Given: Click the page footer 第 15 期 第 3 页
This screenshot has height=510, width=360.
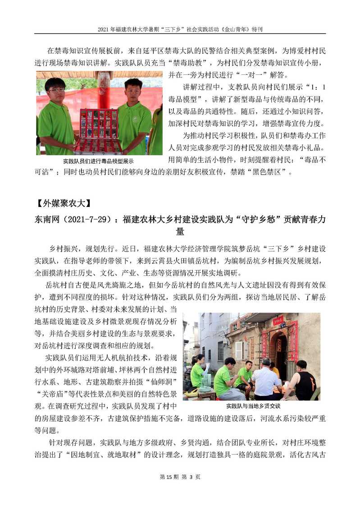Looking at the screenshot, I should (x=180, y=490).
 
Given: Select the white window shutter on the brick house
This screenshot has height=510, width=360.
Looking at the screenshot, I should (x=239, y=350).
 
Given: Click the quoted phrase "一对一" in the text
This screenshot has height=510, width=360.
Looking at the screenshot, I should (x=247, y=74).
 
